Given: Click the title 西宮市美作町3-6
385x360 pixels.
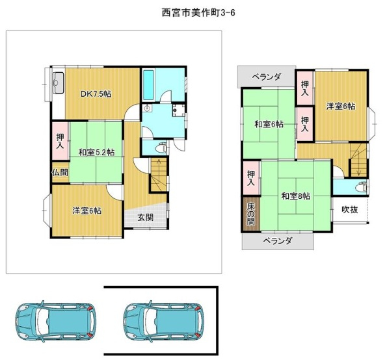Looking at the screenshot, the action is point(198,12).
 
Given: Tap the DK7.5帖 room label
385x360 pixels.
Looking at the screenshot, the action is point(96,94).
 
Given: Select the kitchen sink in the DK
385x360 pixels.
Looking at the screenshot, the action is point(59,83).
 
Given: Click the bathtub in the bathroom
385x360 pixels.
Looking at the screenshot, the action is point(148,85).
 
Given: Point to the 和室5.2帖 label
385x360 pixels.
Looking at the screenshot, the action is point(96,153).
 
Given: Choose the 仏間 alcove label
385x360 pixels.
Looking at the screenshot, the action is point(60,172).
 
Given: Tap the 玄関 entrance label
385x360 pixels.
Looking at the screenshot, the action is point(146,217).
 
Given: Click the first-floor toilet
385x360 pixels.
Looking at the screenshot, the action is point(161,148).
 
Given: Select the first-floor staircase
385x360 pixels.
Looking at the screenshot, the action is point(159,175).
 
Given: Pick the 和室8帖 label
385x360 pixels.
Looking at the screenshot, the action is point(296,196).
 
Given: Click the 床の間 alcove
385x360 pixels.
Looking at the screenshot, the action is point(251,214).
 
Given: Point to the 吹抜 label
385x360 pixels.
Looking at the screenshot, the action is point(350,210).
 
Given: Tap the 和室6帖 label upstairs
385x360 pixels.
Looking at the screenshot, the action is point(269,124).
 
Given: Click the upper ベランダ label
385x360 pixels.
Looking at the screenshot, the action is point(267,77).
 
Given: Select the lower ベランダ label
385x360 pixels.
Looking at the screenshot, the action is point(278,241).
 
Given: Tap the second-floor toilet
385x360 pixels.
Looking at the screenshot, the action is point(362,187).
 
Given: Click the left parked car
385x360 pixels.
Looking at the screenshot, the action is point(56,322).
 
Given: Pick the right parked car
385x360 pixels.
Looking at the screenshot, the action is point(164,322).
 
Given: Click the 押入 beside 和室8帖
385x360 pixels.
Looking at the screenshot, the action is point(251,178).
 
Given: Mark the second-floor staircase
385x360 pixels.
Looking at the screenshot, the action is point(358,161).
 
